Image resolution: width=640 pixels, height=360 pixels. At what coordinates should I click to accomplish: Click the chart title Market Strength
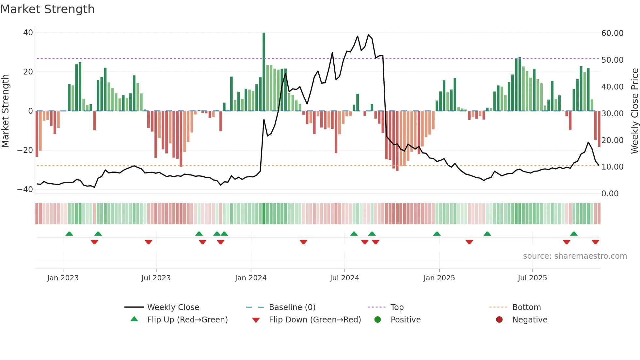pos(47,9)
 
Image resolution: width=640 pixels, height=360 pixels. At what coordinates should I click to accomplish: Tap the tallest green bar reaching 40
pos(264,72)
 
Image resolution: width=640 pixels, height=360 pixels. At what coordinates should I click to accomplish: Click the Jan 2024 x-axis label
pos(251,278)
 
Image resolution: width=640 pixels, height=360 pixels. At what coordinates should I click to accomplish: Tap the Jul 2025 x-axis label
pos(532,278)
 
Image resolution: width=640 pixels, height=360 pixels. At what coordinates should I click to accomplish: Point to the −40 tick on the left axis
pos(25,189)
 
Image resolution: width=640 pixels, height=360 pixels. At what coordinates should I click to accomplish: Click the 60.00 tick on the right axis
pos(612,33)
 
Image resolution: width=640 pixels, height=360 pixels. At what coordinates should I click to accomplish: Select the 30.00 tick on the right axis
pos(612,114)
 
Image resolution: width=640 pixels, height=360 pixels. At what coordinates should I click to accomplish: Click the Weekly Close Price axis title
pos(634,111)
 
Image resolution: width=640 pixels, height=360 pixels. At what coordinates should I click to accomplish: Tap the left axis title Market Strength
pos(5,111)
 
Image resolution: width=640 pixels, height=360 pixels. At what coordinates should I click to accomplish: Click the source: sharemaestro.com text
pos(575,256)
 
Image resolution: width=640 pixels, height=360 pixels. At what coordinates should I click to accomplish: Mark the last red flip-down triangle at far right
pos(595,242)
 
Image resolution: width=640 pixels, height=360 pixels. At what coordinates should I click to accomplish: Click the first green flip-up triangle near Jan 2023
pos(69,234)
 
